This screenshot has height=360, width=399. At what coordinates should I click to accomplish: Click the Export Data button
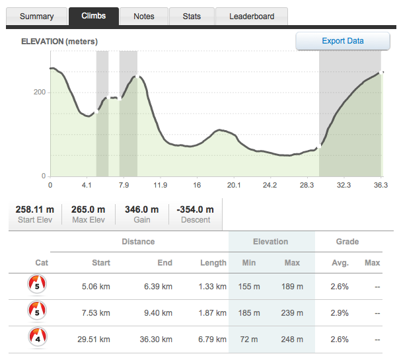342,41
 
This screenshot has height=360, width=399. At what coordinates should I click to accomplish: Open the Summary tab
36,17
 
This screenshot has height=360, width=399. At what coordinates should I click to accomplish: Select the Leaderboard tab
252,17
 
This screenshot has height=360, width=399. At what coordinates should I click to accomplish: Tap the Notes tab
144,17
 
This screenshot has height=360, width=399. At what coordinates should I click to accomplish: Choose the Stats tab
192,17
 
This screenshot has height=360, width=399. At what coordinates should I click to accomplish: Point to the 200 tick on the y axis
40,92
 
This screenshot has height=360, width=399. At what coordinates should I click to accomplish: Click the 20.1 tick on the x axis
234,185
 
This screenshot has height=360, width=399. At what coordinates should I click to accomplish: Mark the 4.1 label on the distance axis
87,185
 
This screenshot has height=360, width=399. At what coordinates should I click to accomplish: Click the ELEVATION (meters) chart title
59,42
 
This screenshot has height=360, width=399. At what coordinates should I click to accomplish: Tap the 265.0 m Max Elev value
88,209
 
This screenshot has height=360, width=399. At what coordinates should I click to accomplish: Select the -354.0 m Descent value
195,209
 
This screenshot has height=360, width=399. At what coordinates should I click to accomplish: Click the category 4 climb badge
38,337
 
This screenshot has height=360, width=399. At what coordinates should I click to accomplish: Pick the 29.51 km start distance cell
94,340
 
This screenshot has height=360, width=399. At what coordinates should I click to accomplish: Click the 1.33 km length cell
213,287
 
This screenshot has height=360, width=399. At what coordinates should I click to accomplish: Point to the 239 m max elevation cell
292,313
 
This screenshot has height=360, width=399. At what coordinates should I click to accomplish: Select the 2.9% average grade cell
340,313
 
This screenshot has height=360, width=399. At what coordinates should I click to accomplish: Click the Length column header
213,263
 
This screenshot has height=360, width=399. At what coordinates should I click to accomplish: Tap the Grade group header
347,242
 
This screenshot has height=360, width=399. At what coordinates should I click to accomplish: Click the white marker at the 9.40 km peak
137,77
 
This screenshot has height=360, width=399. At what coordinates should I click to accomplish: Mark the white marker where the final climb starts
319,146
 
